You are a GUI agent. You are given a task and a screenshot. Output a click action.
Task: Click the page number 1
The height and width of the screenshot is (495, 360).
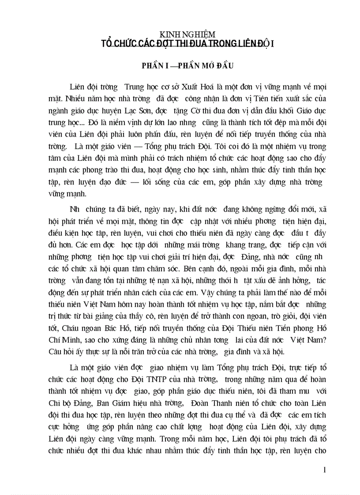[x=324, y=470]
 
